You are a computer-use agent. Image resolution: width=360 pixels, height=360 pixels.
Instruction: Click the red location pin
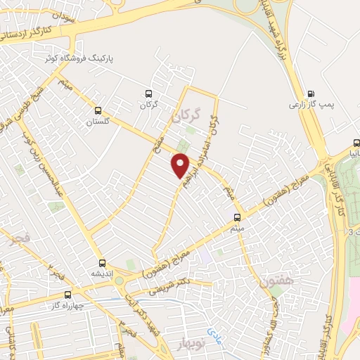pos(181,165)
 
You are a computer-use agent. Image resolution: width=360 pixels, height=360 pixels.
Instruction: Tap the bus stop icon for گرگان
pos(148,93)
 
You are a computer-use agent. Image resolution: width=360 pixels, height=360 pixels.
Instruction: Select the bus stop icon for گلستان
pos(98,110)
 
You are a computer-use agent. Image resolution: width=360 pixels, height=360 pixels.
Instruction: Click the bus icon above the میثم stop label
pos(236,217)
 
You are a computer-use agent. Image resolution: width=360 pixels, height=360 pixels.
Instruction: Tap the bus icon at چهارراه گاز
pos(67,295)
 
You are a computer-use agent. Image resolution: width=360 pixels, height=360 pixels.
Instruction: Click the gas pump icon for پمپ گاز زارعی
pos(311,93)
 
